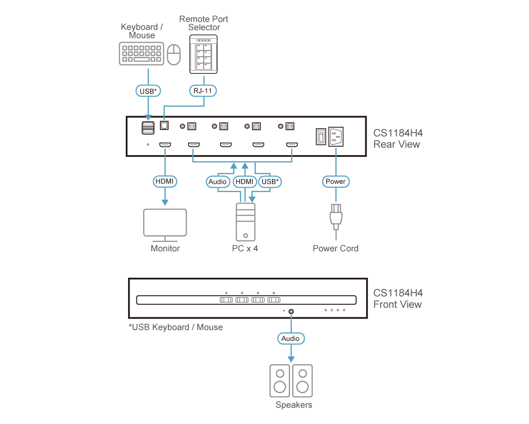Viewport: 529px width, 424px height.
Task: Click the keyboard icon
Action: (142, 53)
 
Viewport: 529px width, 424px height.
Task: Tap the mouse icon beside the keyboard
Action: (174, 54)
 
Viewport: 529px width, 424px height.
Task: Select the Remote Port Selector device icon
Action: (203, 54)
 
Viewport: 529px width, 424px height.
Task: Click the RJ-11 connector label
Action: (203, 91)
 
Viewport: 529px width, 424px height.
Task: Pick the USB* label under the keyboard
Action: (148, 91)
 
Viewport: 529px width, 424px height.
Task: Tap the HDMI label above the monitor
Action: (165, 181)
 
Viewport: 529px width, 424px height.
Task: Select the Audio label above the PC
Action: (218, 182)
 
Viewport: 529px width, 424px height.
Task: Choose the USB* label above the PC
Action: (270, 182)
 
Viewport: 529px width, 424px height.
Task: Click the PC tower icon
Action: (245, 222)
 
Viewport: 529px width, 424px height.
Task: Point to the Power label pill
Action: (335, 181)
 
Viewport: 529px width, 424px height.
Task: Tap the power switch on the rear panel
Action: (321, 137)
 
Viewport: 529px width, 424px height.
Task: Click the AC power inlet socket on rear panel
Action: (336, 137)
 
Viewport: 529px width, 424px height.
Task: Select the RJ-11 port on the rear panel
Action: (164, 125)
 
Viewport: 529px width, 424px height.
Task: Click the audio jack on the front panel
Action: (291, 311)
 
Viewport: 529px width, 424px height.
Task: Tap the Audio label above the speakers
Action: (291, 339)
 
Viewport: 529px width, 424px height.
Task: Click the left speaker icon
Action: (280, 381)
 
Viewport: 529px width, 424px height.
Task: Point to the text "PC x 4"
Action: (245, 248)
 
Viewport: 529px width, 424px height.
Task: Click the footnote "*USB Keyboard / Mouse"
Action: (175, 327)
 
